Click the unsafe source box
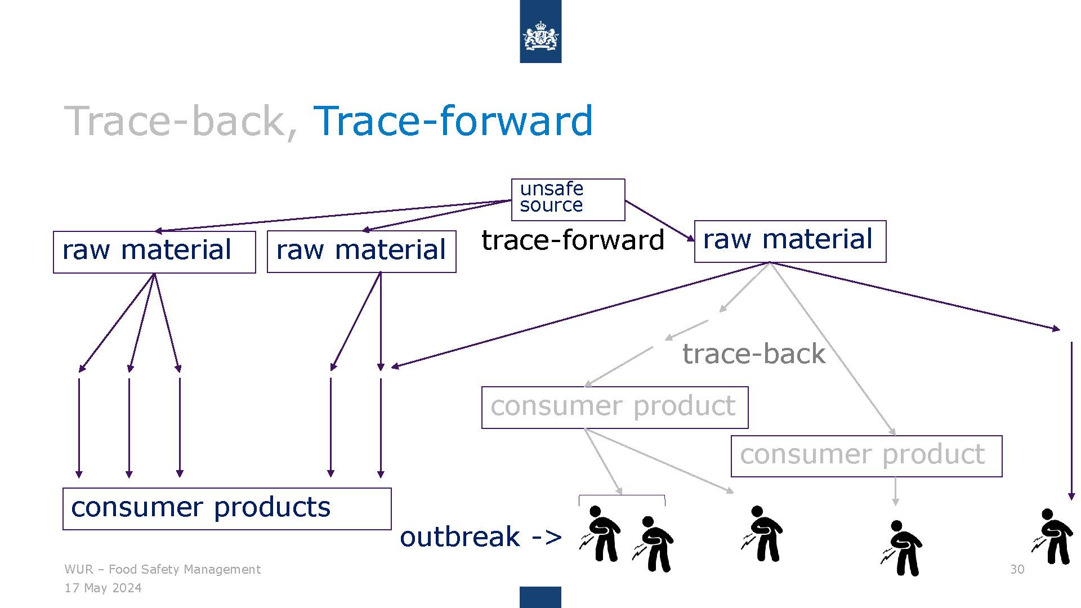(568, 199)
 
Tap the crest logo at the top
(540, 32)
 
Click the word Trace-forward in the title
(453, 120)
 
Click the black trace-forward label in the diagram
(573, 240)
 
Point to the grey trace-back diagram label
(754, 354)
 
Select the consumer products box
(227, 509)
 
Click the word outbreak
(459, 537)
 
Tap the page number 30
(1017, 569)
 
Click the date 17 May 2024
(103, 588)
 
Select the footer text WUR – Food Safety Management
(162, 569)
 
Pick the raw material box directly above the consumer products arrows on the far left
(154, 252)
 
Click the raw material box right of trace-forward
(790, 242)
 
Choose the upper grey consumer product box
(615, 408)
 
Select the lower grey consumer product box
(866, 456)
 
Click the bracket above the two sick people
(622, 496)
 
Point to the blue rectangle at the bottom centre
(540, 597)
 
